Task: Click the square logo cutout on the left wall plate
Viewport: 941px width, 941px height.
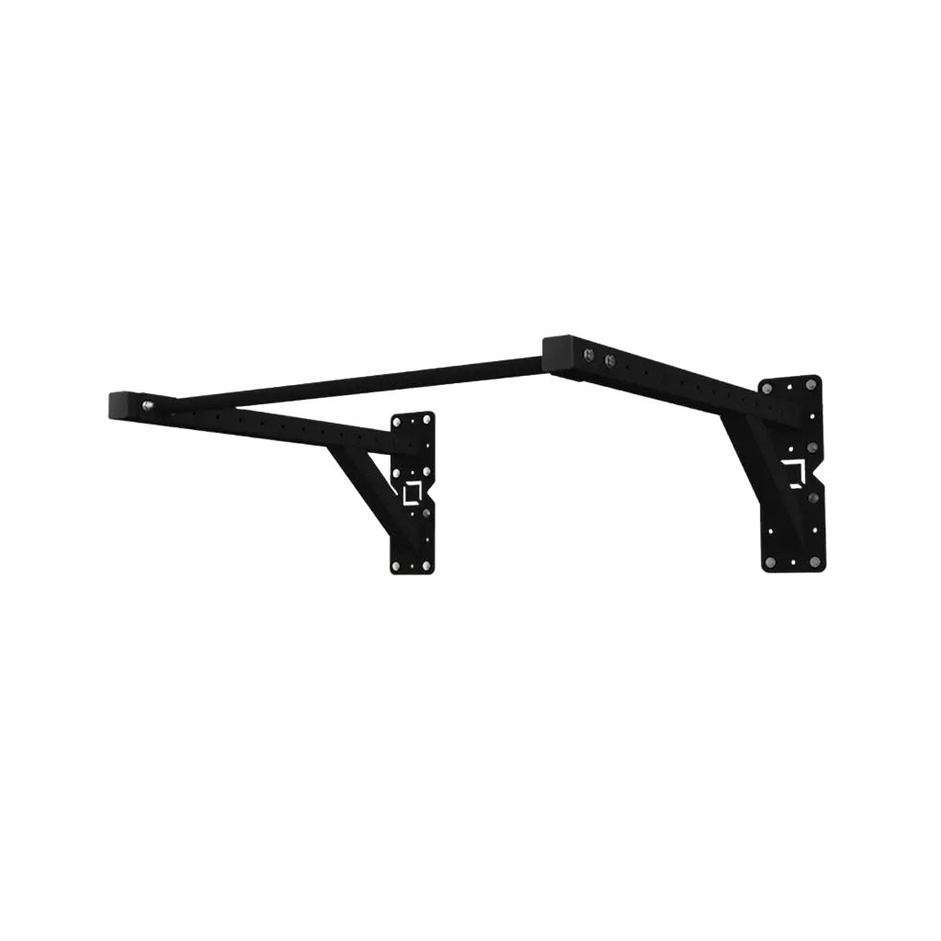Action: pyautogui.click(x=411, y=493)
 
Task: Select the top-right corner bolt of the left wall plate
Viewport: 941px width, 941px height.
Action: pyautogui.click(x=426, y=421)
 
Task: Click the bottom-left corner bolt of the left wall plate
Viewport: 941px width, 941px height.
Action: pyautogui.click(x=397, y=565)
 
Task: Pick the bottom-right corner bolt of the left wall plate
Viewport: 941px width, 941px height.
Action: pyautogui.click(x=425, y=563)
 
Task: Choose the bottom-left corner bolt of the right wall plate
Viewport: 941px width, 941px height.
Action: pyautogui.click(x=769, y=561)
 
